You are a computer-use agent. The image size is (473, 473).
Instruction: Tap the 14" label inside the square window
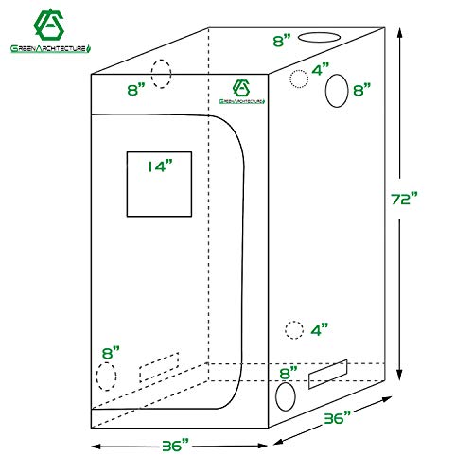tap(160, 167)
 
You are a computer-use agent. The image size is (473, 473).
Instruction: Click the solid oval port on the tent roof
tap(321, 39)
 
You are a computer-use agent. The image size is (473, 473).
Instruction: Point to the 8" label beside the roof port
tap(282, 41)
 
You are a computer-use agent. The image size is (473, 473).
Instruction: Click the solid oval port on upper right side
tap(337, 91)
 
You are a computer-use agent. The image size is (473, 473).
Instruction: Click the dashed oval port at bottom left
tap(106, 375)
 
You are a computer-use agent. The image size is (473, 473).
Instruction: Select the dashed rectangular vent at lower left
tap(159, 366)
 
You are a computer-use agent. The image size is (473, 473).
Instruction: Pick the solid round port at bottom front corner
tap(285, 397)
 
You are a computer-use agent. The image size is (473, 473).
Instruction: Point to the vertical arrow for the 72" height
tap(405, 201)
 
